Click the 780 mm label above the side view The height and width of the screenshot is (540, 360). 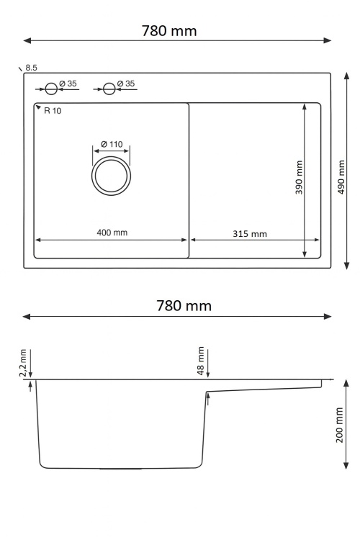[184, 305]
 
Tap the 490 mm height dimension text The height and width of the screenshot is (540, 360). [343, 177]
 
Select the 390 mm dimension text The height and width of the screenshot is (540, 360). [299, 177]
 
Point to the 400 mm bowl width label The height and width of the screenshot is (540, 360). [112, 232]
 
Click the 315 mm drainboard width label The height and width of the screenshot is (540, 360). [250, 233]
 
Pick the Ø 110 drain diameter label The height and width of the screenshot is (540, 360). [112, 143]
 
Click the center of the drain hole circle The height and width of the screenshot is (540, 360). [111, 176]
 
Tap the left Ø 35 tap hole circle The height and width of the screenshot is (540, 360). [51, 89]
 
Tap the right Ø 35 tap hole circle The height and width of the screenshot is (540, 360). [109, 89]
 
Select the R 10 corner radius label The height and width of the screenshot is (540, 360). [52, 110]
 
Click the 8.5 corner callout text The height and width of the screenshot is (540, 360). [31, 68]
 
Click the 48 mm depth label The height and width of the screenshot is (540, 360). [202, 361]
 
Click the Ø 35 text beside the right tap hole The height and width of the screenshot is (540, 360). [125, 84]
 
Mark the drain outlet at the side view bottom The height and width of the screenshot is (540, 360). [120, 468]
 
